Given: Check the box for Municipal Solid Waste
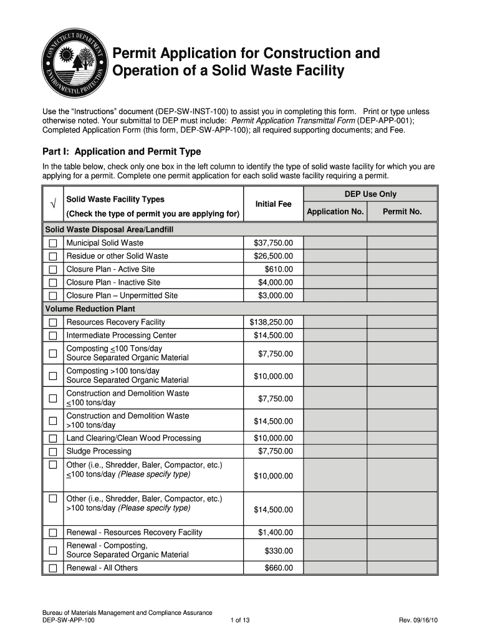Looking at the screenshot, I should (x=53, y=243).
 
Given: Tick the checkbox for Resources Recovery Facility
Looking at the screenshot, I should (x=53, y=322).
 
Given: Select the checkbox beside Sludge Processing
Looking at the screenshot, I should (x=53, y=451).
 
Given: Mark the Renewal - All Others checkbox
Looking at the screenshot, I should (x=53, y=568).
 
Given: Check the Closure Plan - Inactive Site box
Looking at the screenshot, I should (x=53, y=282).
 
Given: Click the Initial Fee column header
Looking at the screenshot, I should (x=273, y=204).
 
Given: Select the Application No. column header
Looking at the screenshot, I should (x=335, y=212).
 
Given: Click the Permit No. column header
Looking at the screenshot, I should (x=402, y=212).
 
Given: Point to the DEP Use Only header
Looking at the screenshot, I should (x=370, y=194).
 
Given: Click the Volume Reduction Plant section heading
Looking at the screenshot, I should (x=90, y=309).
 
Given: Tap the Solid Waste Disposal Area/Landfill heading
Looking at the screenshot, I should (x=109, y=230).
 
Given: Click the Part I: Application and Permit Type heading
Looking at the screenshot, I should (x=122, y=151).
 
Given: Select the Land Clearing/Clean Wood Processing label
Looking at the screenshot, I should (x=133, y=438).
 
